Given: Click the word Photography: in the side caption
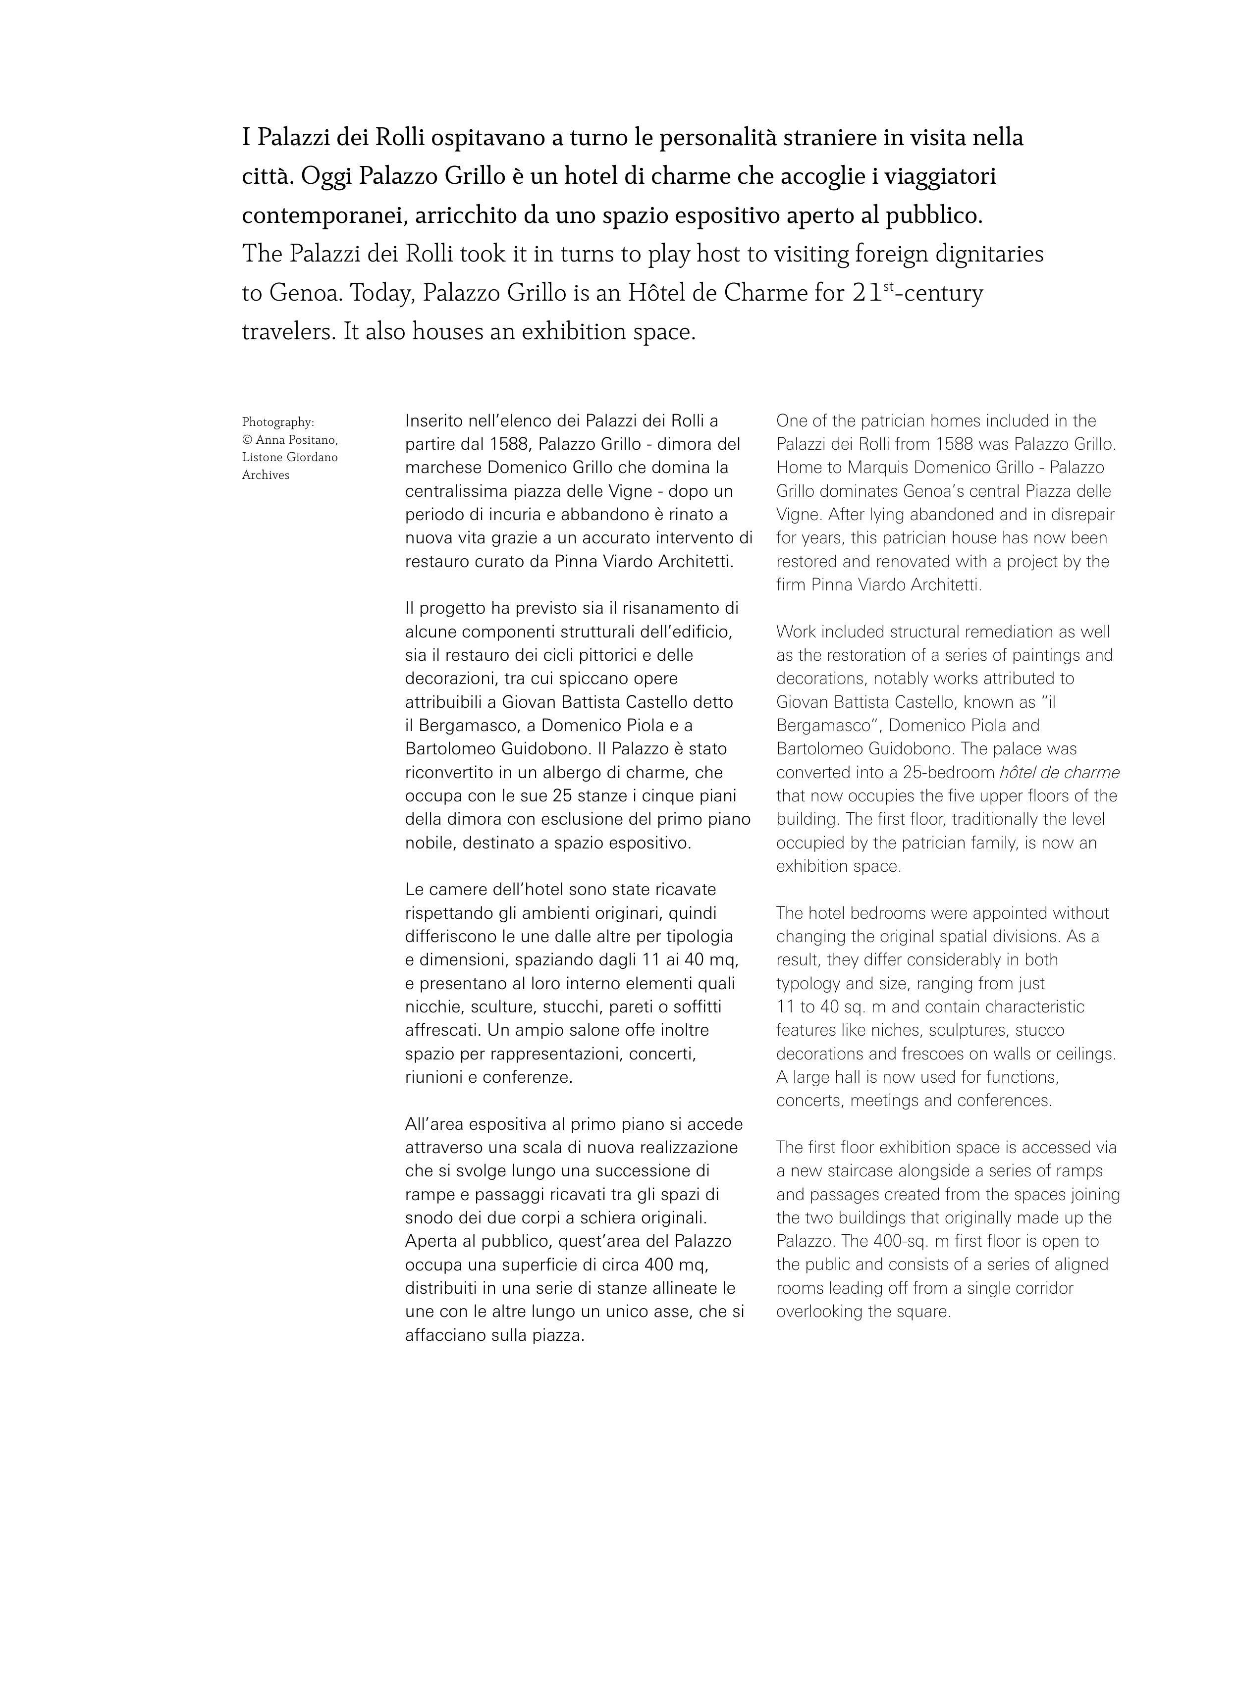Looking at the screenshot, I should (277, 422).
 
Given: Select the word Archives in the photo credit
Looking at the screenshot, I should (266, 475).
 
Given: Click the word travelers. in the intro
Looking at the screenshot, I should (288, 332).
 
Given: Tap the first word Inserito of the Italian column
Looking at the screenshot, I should (433, 421).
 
